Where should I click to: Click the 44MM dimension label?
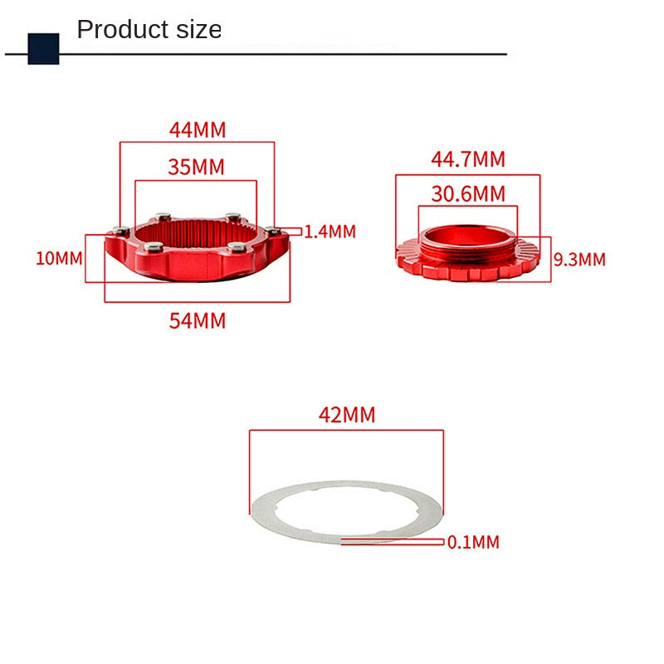click(x=198, y=129)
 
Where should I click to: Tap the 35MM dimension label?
click(x=196, y=167)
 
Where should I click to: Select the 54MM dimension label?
click(x=198, y=320)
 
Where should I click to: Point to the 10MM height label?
click(x=59, y=258)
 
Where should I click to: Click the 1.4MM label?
click(x=330, y=232)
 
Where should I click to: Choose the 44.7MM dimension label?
click(x=468, y=159)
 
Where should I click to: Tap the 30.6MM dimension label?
click(x=468, y=194)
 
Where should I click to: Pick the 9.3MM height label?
click(x=579, y=259)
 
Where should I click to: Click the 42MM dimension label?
click(x=347, y=414)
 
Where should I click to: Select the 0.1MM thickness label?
click(x=473, y=542)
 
